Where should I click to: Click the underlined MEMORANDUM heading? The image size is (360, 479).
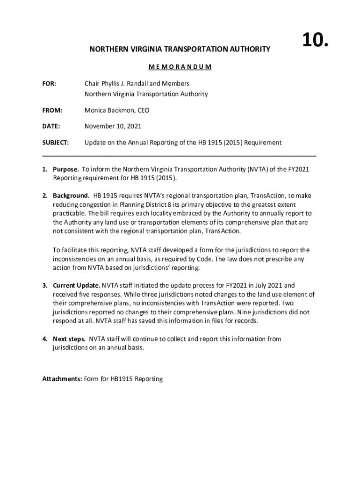(x=180, y=66)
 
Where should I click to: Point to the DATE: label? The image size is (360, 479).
(x=51, y=126)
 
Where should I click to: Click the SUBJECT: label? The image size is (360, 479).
(x=56, y=142)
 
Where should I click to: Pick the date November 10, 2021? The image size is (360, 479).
(x=113, y=126)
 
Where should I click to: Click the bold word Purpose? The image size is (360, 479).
(x=66, y=169)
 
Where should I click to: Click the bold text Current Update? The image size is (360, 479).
(x=77, y=285)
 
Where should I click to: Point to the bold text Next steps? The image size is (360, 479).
(x=69, y=339)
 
